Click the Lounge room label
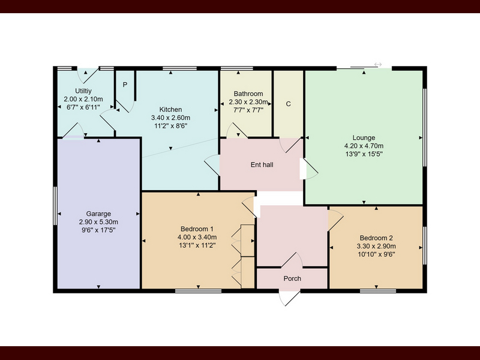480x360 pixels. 364,138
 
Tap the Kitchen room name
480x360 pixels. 170,109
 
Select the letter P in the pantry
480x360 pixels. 125,85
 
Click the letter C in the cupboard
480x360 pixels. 288,104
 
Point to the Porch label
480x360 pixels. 292,278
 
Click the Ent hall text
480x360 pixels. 262,164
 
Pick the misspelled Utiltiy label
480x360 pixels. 83,91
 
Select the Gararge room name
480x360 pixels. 98,214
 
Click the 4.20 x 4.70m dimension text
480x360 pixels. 364,146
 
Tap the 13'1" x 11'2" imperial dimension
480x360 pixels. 197,245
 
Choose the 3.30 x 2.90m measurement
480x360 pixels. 376,246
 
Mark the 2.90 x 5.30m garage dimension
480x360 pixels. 98,222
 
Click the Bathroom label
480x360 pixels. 248,94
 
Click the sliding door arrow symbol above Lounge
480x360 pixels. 378,65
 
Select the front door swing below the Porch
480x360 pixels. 289,298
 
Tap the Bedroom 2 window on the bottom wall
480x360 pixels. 378,291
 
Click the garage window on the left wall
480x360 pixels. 55,206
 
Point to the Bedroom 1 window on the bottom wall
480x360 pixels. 199,291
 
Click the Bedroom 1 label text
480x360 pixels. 197,229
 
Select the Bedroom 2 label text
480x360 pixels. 376,238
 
